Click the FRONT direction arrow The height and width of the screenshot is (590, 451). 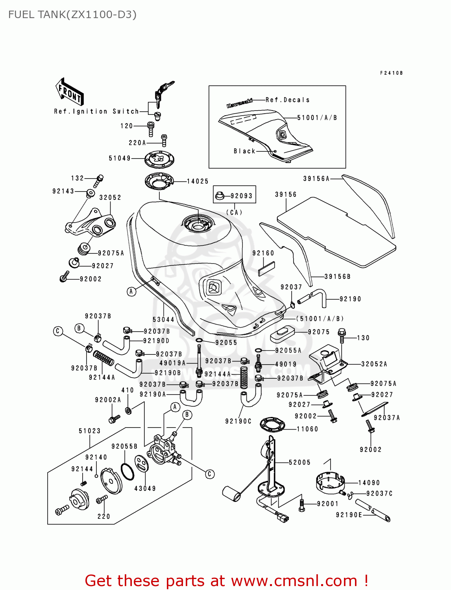coord(69,92)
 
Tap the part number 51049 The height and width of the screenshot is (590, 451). coord(120,158)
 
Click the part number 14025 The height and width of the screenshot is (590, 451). coord(198,181)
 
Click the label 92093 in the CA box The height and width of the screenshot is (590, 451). coord(241,195)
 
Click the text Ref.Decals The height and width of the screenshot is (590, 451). coord(288,100)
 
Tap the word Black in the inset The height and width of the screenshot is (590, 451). coord(244,151)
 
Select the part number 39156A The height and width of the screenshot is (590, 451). coord(316,179)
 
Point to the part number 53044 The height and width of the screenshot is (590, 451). coord(163,319)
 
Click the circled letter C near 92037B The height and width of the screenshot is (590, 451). coord(58,331)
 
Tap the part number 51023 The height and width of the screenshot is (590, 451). coord(90,431)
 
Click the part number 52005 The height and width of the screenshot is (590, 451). coord(299,462)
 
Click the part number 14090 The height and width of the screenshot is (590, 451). coord(369,483)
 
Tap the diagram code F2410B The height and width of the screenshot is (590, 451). coord(391,73)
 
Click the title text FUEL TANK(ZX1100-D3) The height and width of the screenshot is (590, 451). coord(72,15)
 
